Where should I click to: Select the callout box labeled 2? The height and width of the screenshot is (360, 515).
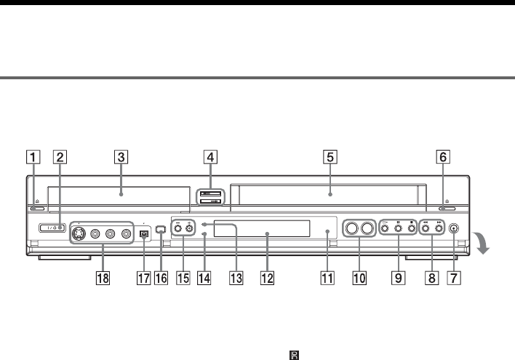pyautogui.click(x=61, y=155)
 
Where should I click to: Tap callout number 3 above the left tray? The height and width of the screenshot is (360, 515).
pyautogui.click(x=121, y=155)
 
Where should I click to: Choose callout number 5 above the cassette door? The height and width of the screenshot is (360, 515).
pyautogui.click(x=330, y=155)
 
